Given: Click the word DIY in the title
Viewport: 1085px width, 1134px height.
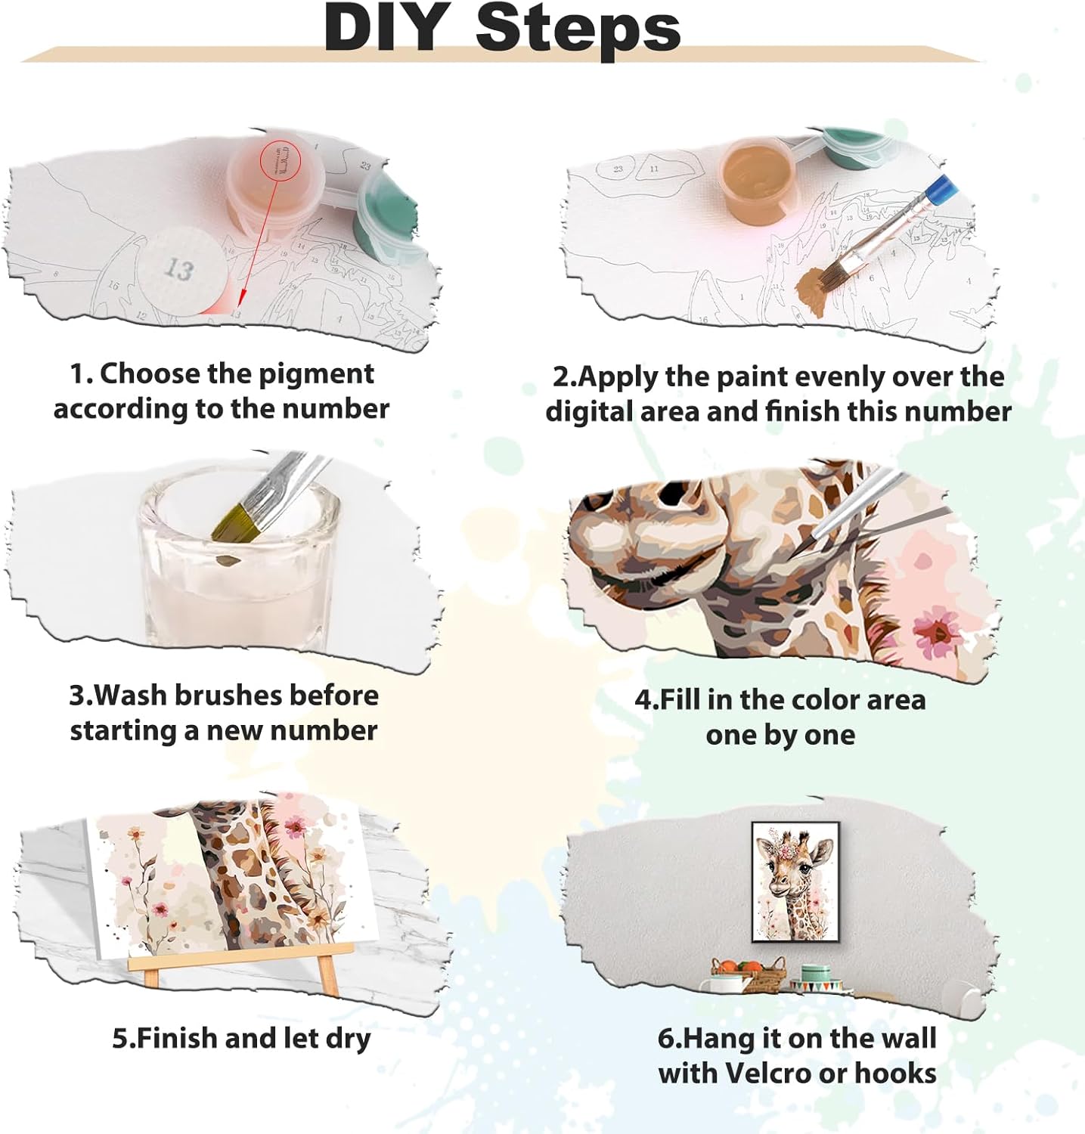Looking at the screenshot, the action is tap(384, 27).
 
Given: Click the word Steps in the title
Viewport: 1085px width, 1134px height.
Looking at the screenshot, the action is tap(578, 30).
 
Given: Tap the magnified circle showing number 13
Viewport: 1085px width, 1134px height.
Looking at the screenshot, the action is tap(181, 271).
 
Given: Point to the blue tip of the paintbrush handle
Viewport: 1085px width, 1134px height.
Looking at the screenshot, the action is tap(941, 189).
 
